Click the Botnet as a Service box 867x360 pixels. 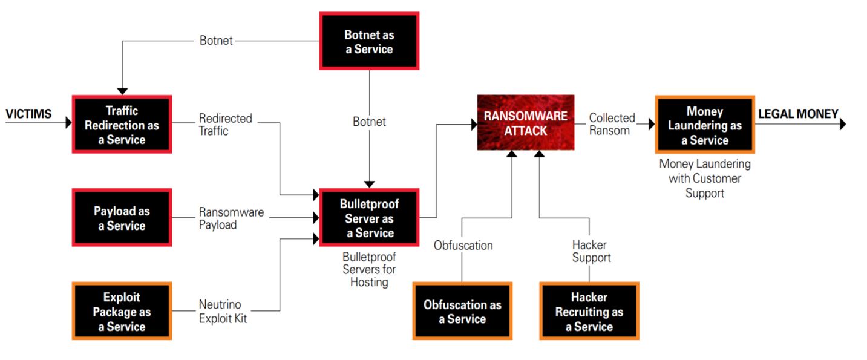pyautogui.click(x=368, y=41)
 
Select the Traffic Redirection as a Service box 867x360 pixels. pyautogui.click(x=122, y=125)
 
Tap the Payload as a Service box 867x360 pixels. pyautogui.click(x=122, y=218)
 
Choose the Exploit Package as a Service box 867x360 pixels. pyautogui.click(x=122, y=312)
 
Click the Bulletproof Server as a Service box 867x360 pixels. pyautogui.click(x=369, y=218)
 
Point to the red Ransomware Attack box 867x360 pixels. pyautogui.click(x=525, y=123)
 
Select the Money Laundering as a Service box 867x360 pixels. pyautogui.click(x=705, y=125)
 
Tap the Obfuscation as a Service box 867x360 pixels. pyautogui.click(x=462, y=312)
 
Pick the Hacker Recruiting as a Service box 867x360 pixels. pyautogui.click(x=589, y=312)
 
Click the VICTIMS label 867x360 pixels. pyautogui.click(x=28, y=114)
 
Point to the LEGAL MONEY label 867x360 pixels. pyautogui.click(x=798, y=114)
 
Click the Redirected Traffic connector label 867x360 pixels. pyautogui.click(x=225, y=124)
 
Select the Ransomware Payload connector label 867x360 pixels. pyautogui.click(x=231, y=218)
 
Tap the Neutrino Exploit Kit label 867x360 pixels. pyautogui.click(x=223, y=312)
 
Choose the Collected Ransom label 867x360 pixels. pyautogui.click(x=612, y=124)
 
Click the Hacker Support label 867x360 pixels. pyautogui.click(x=591, y=251)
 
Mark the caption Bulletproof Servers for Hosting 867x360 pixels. pyautogui.click(x=369, y=269)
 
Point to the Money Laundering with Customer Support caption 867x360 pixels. pyautogui.click(x=705, y=178)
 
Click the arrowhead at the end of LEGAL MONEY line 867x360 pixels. pyautogui.click(x=842, y=124)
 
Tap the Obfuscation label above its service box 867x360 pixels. pyautogui.click(x=463, y=245)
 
